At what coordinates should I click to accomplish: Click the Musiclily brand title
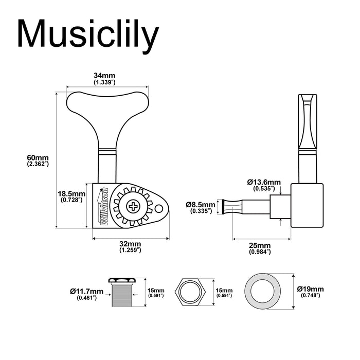(x=87, y=34)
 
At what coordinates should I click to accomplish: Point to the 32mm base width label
(x=130, y=243)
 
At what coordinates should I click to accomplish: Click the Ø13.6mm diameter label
(x=263, y=182)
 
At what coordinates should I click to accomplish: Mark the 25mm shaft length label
(x=260, y=245)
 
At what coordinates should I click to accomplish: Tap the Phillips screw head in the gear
(x=134, y=207)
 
